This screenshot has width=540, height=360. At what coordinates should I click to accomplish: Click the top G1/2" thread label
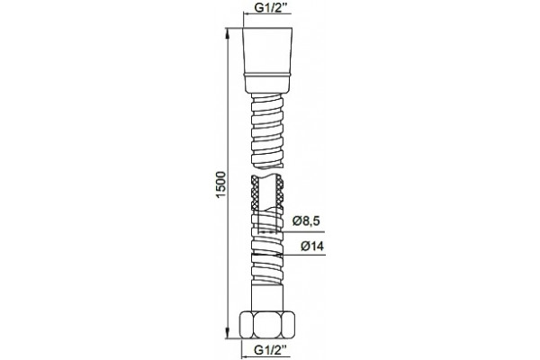click(268, 7)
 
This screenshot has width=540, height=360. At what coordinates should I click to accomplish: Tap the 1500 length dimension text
click(220, 184)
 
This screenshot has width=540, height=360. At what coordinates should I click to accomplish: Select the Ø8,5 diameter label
click(306, 221)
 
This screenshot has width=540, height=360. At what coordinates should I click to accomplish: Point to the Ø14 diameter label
click(312, 247)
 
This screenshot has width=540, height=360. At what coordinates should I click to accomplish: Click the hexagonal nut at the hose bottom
click(267, 325)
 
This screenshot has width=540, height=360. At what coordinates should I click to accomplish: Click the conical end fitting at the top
click(268, 50)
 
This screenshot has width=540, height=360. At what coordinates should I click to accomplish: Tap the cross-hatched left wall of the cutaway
click(256, 193)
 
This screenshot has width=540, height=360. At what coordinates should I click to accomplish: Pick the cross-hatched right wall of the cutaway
click(280, 193)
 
